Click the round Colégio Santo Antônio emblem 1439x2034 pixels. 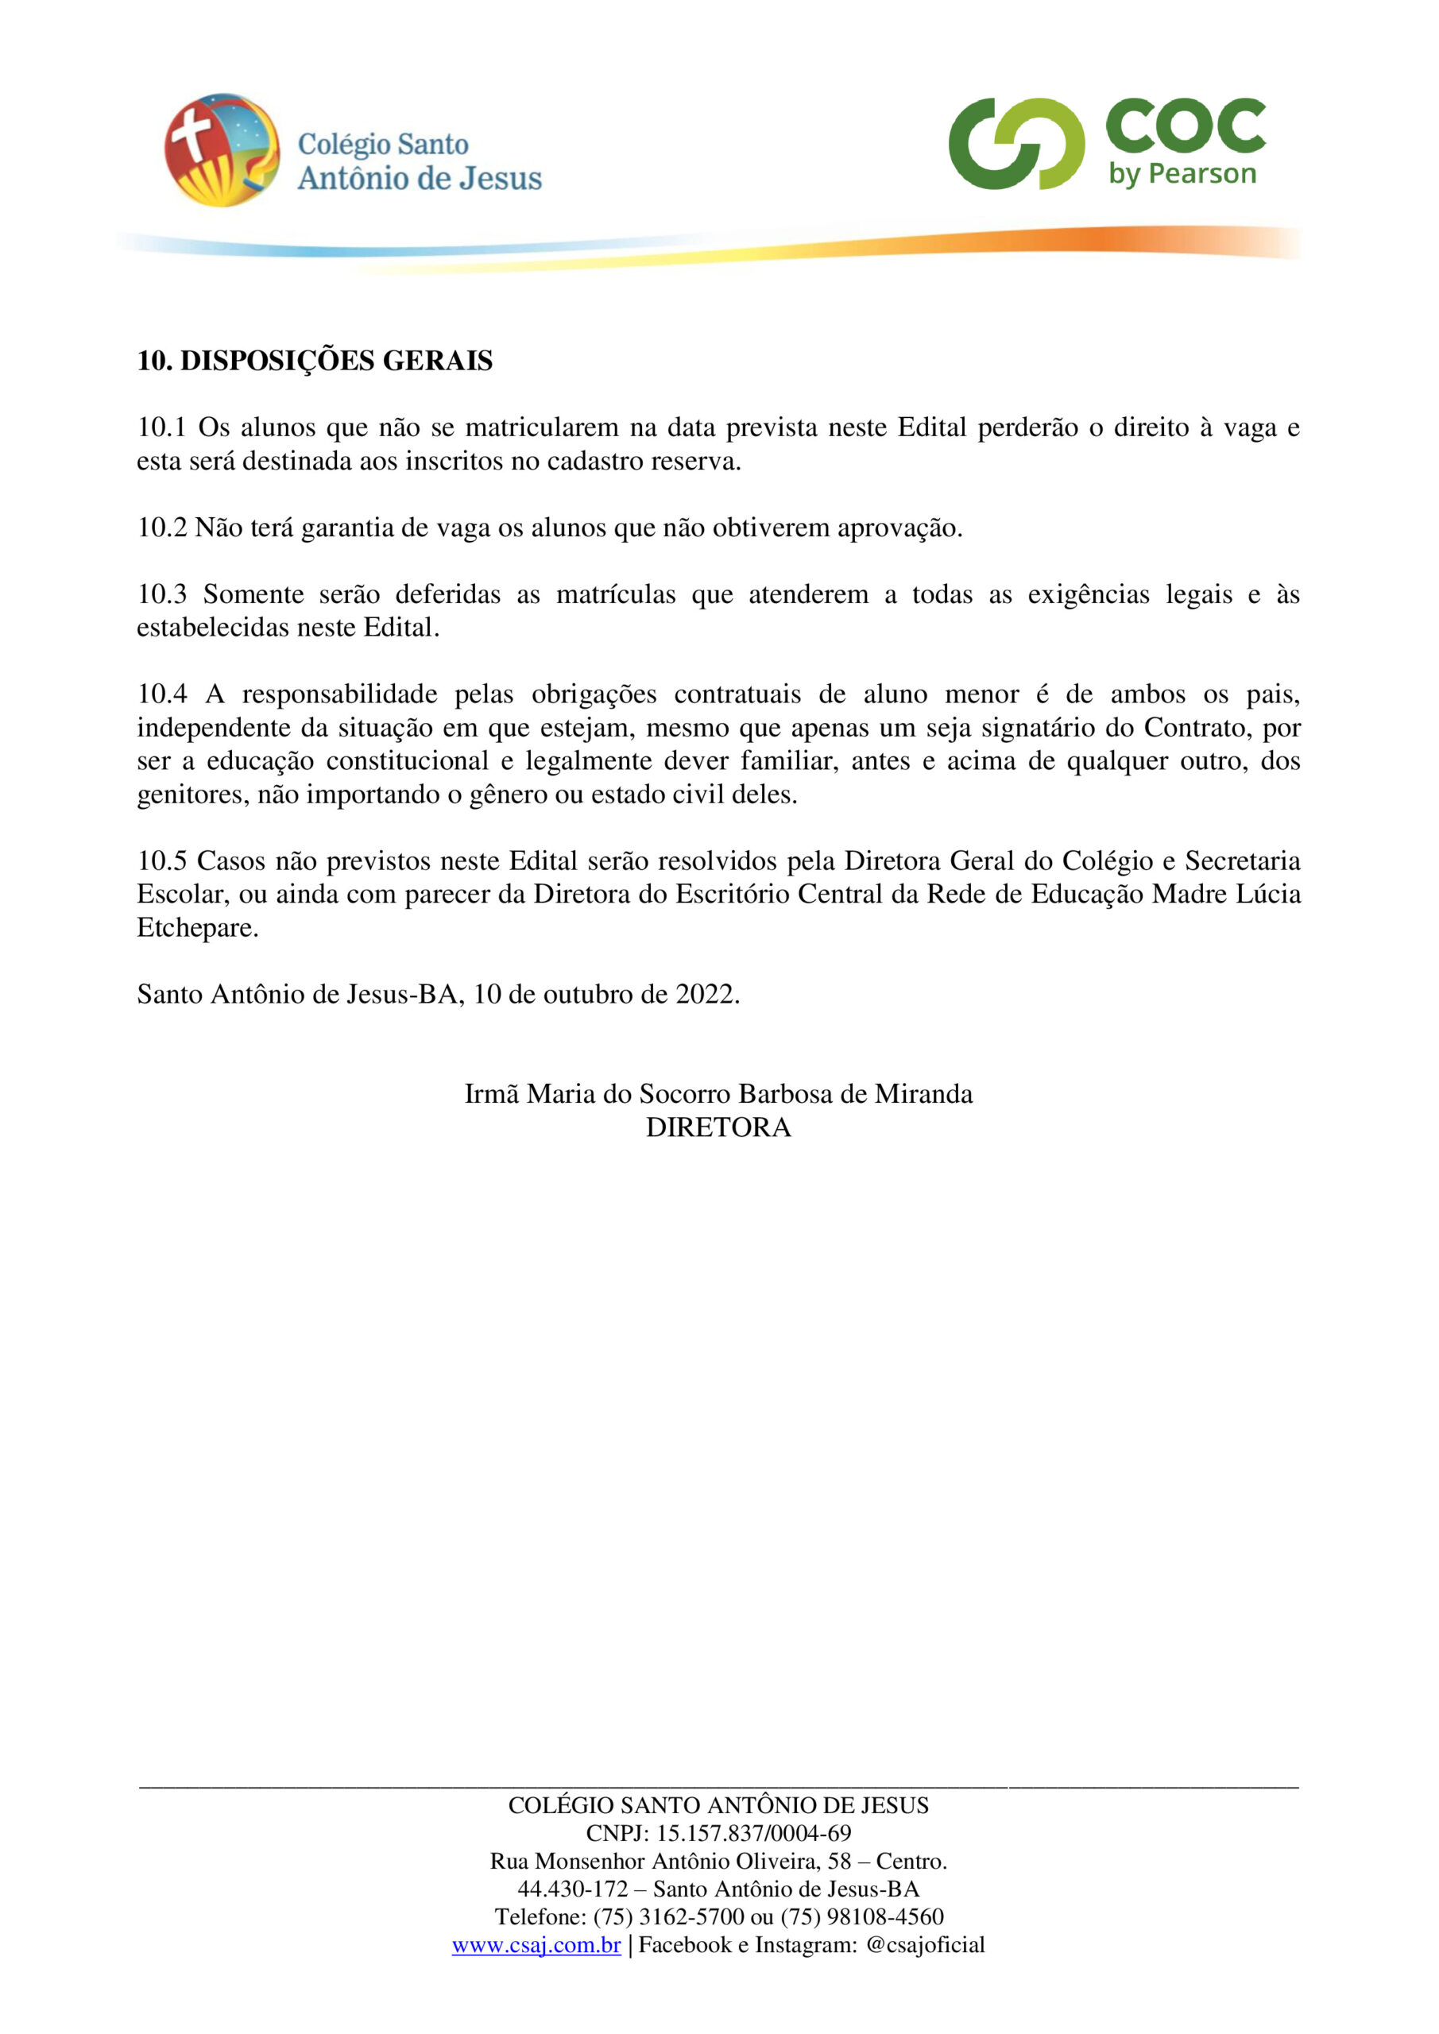[222, 149]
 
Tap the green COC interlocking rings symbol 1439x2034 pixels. [1015, 144]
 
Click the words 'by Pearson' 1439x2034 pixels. [1182, 174]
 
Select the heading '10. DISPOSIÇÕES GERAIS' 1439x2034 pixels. [315, 362]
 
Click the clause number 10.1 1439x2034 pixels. [161, 428]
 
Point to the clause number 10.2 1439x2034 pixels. [161, 528]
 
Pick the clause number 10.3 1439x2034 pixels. [161, 594]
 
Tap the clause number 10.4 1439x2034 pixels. [161, 694]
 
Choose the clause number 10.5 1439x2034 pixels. [161, 861]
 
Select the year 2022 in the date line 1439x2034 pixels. [707, 994]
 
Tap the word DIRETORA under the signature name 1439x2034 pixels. [718, 1127]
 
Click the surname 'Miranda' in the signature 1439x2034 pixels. [923, 1094]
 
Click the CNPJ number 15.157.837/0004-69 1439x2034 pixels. [753, 1833]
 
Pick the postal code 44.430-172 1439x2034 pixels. [572, 1889]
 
